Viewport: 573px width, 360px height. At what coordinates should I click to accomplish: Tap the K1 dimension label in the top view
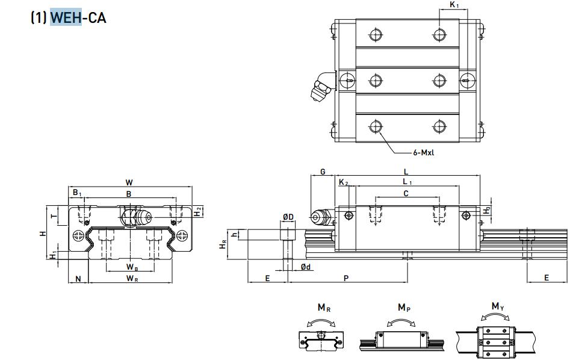tap(454, 5)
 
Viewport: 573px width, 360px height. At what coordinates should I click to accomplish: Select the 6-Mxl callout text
tap(424, 152)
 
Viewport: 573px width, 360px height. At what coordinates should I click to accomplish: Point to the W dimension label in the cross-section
tap(129, 182)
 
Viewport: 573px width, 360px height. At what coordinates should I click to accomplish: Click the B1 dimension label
tap(76, 193)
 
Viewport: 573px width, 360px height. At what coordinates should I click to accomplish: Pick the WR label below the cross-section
tap(132, 278)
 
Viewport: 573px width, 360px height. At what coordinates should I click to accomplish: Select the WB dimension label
tap(132, 267)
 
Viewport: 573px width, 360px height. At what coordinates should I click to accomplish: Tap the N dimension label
tap(78, 278)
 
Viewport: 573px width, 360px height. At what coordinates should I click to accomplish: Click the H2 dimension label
tap(198, 211)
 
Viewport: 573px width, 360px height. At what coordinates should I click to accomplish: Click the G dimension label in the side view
tap(323, 172)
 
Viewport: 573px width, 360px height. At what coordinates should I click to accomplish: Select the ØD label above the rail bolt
tap(288, 217)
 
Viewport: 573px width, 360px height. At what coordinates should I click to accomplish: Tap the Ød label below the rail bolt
tap(306, 267)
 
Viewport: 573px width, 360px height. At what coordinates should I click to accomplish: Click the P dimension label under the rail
tap(345, 278)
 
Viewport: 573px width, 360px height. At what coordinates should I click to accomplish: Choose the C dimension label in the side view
tap(406, 193)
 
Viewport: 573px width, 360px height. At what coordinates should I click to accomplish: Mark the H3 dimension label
tap(488, 211)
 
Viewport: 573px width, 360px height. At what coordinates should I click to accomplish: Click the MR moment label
tap(324, 308)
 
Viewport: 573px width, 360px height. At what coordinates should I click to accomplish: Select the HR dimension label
tap(223, 244)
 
